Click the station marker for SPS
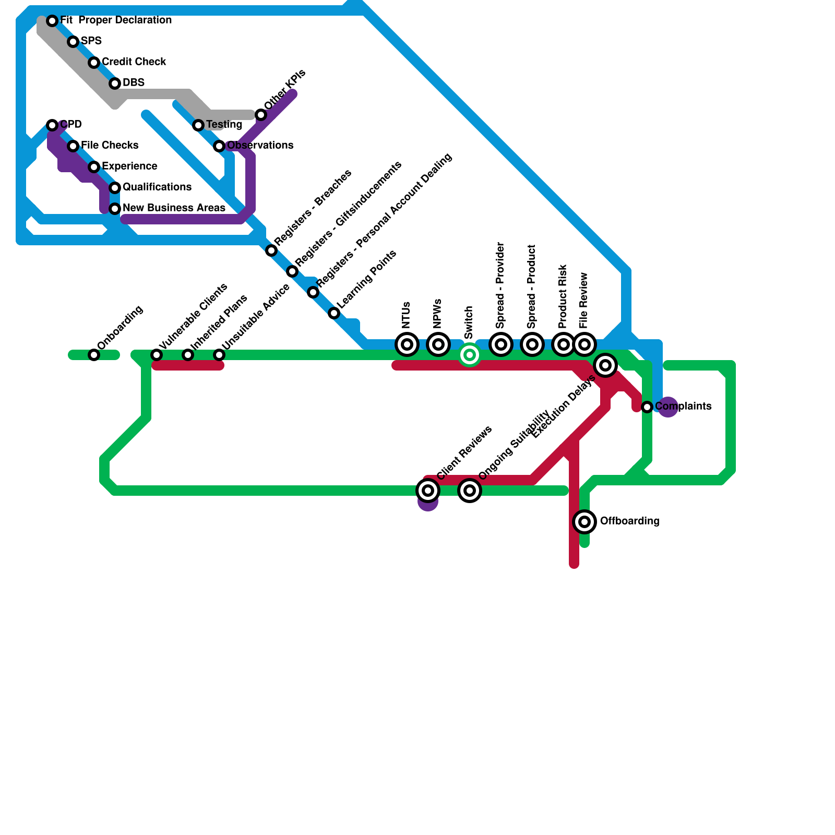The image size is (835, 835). pyautogui.click(x=73, y=42)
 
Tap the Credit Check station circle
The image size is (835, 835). pyautogui.click(x=94, y=63)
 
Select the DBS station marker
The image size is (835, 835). pyautogui.click(x=115, y=83)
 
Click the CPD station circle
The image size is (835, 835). pyautogui.click(x=52, y=125)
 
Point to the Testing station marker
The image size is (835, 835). pyautogui.click(x=198, y=125)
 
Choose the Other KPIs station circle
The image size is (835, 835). pyautogui.click(x=261, y=115)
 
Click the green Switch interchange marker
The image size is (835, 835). pyautogui.click(x=470, y=355)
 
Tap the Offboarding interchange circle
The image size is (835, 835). pyautogui.click(x=584, y=521)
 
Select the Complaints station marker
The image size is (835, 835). pyautogui.click(x=647, y=407)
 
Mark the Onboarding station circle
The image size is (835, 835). pyautogui.click(x=94, y=355)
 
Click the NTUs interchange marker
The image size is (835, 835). pyautogui.click(x=407, y=344)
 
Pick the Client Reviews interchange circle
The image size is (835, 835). pyautogui.click(x=428, y=491)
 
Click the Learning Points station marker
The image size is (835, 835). pyautogui.click(x=334, y=313)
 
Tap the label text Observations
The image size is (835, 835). pyautogui.click(x=260, y=146)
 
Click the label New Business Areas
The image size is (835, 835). pyautogui.click(x=174, y=208)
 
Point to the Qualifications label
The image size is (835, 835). pyautogui.click(x=157, y=187)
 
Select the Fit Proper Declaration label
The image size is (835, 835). pyautogui.click(x=116, y=20)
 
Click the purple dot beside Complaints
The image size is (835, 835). pyautogui.click(x=668, y=407)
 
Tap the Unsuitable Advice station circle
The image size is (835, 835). pyautogui.click(x=219, y=355)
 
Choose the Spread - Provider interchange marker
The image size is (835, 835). pyautogui.click(x=501, y=344)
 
